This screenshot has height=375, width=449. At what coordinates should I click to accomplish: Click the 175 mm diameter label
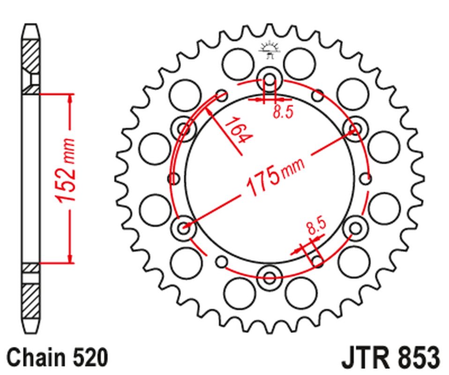274,177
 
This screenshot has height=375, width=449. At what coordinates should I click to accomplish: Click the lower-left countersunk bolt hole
183,227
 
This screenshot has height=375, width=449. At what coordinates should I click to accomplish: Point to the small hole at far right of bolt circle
367,178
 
